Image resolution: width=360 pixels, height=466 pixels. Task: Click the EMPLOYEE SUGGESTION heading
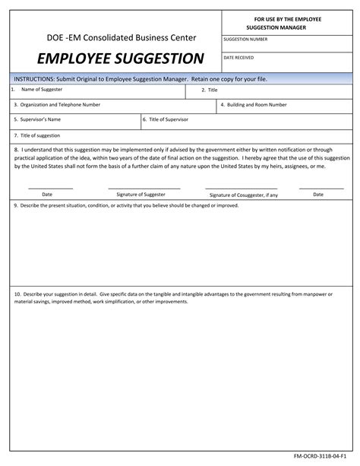111,59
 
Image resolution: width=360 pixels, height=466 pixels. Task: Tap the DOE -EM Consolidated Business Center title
111,36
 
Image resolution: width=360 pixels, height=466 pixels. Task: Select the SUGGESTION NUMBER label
245,39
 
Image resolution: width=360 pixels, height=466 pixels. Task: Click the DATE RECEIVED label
239,58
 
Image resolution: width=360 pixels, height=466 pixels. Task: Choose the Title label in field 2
210,90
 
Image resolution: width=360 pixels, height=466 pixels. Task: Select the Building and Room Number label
254,105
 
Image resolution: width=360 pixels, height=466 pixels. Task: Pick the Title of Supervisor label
168,120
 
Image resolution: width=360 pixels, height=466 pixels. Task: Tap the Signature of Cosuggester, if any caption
244,195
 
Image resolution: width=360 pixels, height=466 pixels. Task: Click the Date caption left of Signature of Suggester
47,195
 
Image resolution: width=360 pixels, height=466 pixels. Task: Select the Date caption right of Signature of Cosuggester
318,195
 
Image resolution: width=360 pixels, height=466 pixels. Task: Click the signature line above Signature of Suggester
144,188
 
